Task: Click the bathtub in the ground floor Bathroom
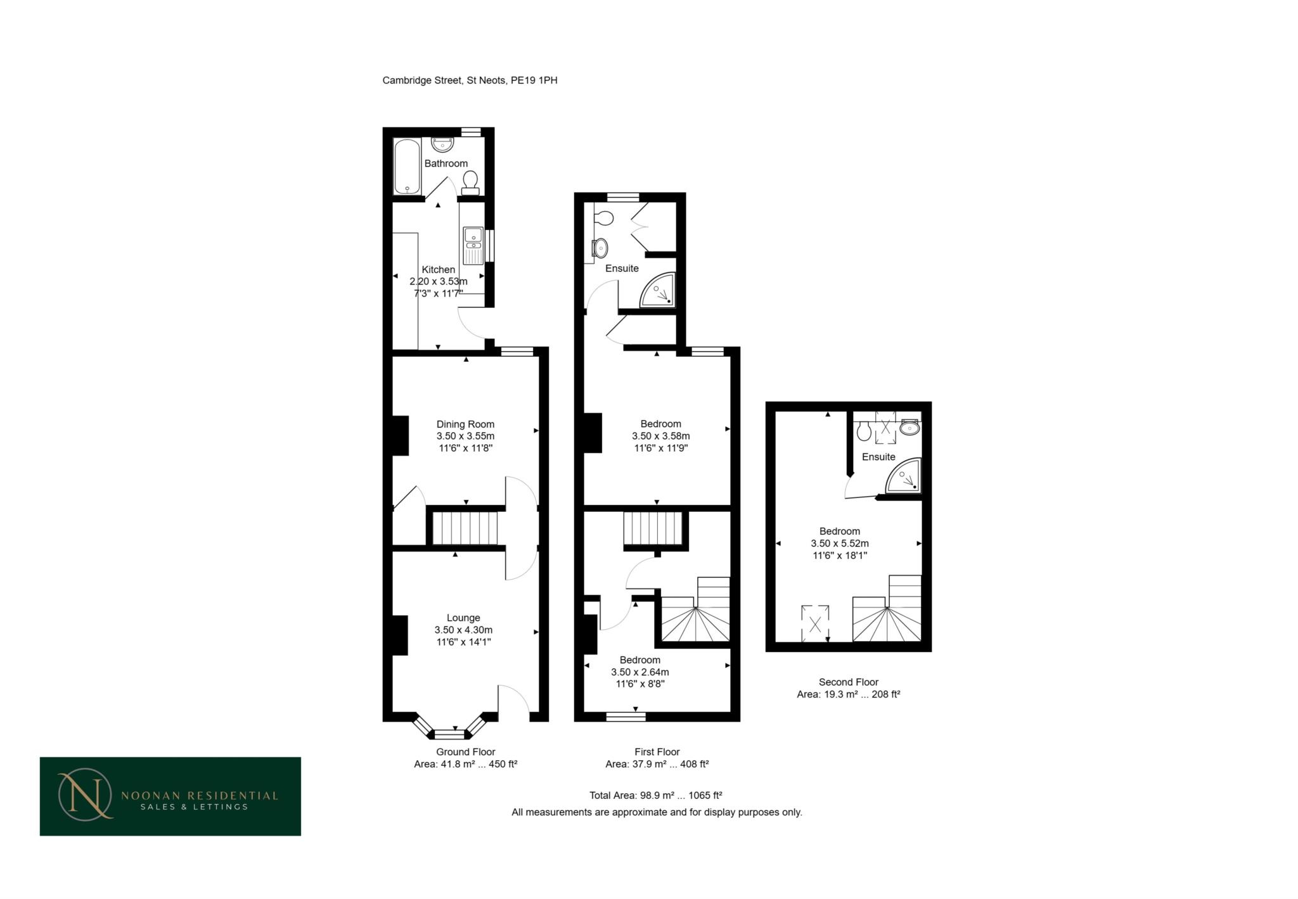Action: pos(406,167)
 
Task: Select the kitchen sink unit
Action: pos(473,245)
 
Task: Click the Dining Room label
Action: pos(465,424)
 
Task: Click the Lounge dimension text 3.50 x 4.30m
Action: pos(463,630)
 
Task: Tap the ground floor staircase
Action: pos(465,528)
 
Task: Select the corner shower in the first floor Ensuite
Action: pos(659,291)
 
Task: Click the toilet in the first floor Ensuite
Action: pos(604,219)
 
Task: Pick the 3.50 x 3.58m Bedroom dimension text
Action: pos(660,436)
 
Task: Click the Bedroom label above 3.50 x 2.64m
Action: pos(639,660)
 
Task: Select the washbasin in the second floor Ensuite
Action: pos(910,428)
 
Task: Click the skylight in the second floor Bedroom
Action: pos(815,624)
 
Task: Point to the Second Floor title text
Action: pos(848,682)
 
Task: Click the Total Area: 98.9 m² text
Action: pos(655,795)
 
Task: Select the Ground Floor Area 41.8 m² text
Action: pos(465,764)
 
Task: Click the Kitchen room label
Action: pos(438,269)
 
